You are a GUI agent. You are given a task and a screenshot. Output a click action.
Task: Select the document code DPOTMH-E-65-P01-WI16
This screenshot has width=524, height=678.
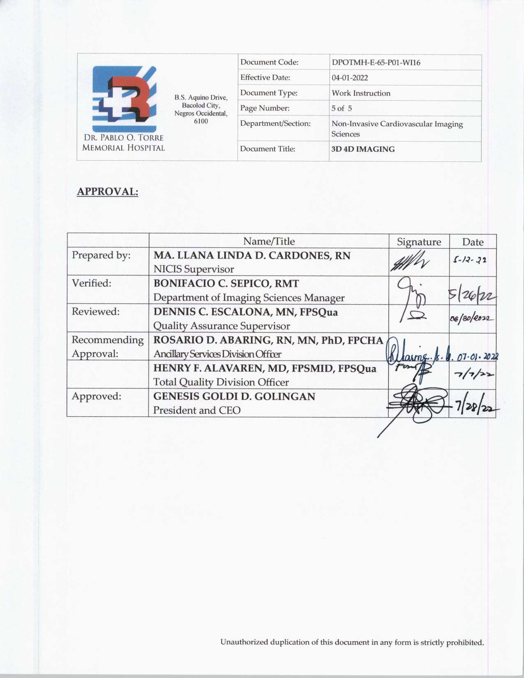[376, 63]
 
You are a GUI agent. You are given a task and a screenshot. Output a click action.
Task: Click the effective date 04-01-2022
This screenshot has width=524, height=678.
[350, 78]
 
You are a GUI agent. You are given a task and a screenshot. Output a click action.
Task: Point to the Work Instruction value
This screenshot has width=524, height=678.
[361, 93]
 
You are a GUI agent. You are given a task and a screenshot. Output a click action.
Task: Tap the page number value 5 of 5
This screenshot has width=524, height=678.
[342, 108]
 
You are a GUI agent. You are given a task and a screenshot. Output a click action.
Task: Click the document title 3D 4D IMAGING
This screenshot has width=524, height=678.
[363, 149]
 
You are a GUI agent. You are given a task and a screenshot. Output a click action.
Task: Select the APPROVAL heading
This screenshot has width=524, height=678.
[107, 191]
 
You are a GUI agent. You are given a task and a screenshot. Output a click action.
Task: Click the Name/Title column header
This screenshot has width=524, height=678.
[269, 241]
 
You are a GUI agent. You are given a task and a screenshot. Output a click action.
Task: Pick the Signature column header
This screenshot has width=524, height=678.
[419, 242]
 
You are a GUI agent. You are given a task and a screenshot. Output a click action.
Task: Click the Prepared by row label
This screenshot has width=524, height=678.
[101, 255]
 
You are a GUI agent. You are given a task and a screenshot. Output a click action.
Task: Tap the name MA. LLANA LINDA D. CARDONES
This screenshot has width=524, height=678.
[252, 256]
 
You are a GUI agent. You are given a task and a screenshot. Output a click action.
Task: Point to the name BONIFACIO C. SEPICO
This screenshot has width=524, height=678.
[226, 284]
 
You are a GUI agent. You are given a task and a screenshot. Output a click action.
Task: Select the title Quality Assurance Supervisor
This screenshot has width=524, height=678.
[222, 326]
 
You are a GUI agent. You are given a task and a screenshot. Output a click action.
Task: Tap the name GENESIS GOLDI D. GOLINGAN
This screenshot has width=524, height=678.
[234, 397]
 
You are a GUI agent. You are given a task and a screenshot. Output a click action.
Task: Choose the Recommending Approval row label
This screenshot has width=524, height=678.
[108, 346]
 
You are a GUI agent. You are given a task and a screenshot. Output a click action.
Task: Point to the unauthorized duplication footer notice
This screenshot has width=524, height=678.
[352, 642]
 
